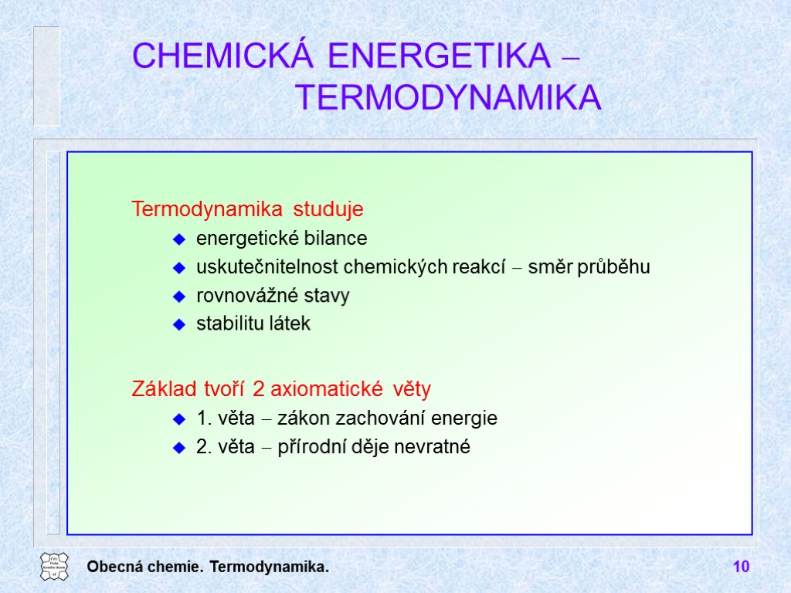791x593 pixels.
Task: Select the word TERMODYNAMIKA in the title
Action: pyautogui.click(x=449, y=98)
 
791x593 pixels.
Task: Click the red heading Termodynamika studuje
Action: pyautogui.click(x=247, y=209)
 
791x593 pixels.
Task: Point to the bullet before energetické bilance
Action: pyautogui.click(x=178, y=239)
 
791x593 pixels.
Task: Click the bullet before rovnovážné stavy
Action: pyautogui.click(x=178, y=296)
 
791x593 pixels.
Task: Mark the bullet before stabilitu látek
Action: pyautogui.click(x=178, y=325)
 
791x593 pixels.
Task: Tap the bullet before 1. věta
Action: pyautogui.click(x=178, y=419)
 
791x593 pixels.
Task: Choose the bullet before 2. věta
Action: pyautogui.click(x=178, y=448)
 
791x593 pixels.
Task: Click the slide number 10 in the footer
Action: pyautogui.click(x=741, y=568)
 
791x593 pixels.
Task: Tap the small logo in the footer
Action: pyautogui.click(x=54, y=567)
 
